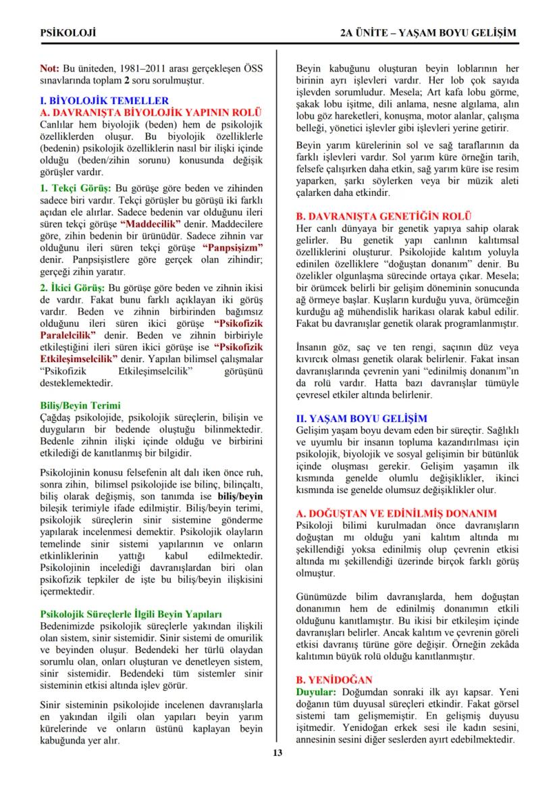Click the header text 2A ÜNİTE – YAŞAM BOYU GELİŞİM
click(429, 32)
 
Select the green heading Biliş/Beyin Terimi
click(80, 405)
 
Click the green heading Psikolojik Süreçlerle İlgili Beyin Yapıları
click(131, 614)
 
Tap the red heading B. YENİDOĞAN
click(335, 680)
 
